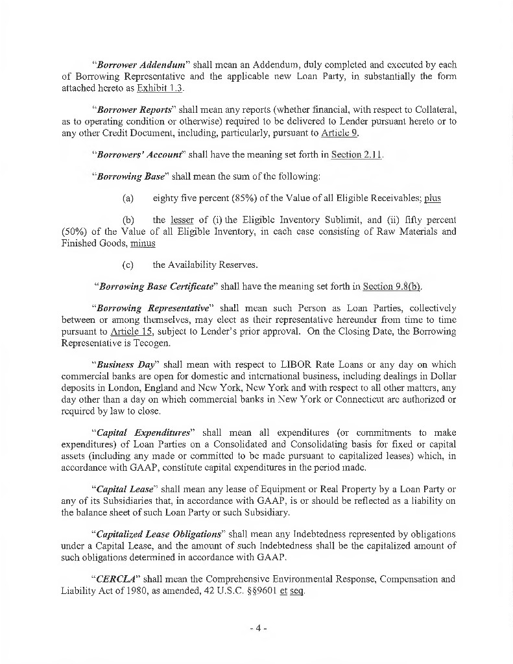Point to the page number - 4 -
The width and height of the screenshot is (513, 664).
257,628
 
